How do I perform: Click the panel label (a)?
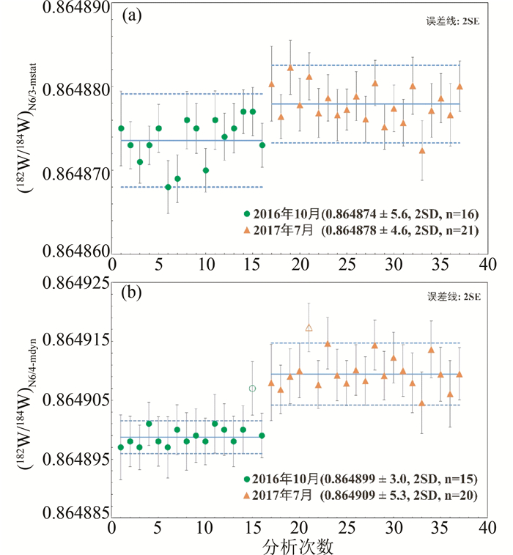133,15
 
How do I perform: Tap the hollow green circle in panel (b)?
253,388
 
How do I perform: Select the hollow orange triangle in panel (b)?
309,328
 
